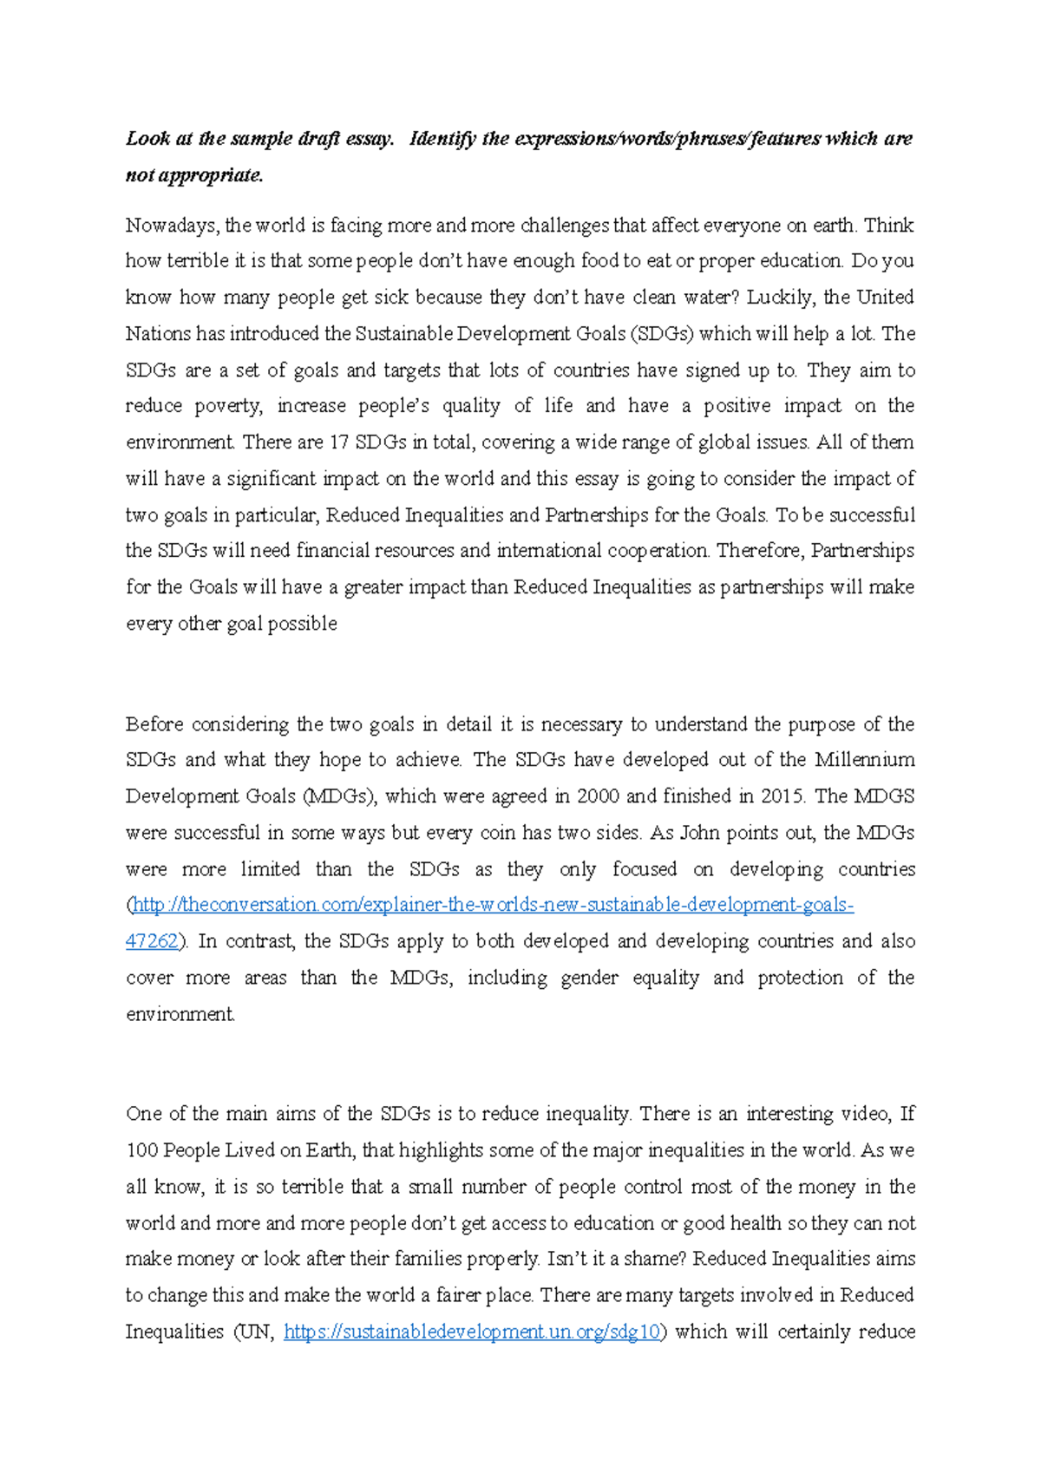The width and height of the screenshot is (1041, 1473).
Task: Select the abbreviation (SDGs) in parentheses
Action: coord(662,334)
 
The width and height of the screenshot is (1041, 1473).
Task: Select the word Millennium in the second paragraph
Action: coord(864,760)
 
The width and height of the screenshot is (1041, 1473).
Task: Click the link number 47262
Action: coord(152,941)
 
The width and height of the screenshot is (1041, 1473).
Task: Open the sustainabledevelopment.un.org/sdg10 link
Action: coord(473,1332)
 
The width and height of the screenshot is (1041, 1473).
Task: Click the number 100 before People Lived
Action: coord(141,1150)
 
